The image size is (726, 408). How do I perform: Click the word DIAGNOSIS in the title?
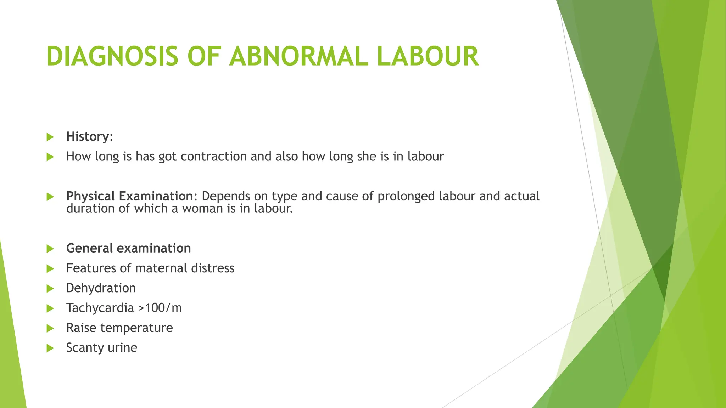tap(112, 57)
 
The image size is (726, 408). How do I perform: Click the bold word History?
tap(89, 137)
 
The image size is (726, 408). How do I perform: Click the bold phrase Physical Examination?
tap(132, 196)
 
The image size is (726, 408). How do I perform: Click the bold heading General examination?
tap(128, 248)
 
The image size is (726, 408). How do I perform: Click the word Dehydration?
tap(101, 288)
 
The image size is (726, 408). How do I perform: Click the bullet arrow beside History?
tap(50, 137)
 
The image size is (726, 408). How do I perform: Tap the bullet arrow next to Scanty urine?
tap(50, 348)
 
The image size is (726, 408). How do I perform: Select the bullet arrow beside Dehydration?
tap(50, 289)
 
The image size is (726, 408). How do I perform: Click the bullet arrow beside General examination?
tap(50, 249)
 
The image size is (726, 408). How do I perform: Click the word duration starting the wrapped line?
tap(90, 209)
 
